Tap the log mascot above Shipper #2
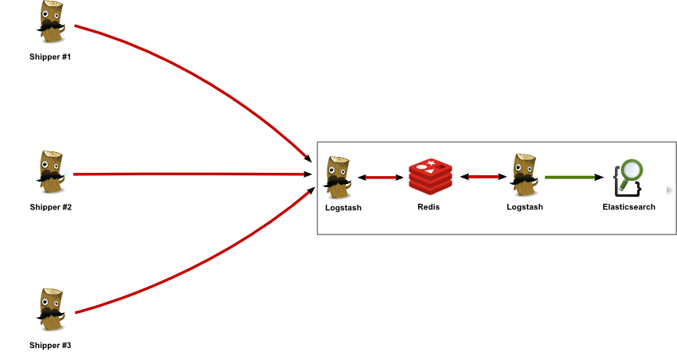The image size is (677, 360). tap(51, 170)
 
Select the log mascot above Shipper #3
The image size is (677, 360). tap(51, 309)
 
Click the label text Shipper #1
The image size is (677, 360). tap(50, 57)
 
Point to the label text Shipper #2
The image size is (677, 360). tap(50, 207)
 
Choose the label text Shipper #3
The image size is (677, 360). tap(50, 345)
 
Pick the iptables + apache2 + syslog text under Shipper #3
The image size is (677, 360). tap(50, 355)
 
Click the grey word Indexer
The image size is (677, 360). tap(498, 228)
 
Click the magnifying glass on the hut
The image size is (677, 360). tap(633, 170)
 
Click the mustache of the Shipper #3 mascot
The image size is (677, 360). tap(51, 317)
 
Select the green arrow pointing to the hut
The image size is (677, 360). tap(577, 176)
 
